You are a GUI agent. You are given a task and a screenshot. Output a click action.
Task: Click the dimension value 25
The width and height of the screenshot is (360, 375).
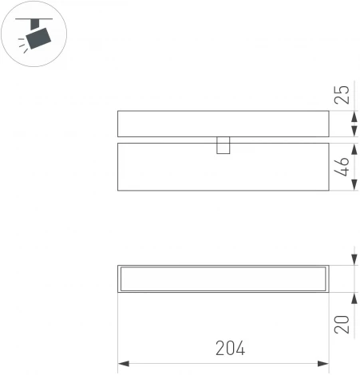click(x=342, y=95)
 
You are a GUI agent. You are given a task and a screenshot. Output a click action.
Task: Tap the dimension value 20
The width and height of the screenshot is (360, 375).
click(x=342, y=325)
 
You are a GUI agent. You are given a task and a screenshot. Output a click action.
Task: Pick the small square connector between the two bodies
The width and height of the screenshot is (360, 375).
click(x=224, y=144)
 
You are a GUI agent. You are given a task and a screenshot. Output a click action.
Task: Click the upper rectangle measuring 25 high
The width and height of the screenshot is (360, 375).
click(x=223, y=124)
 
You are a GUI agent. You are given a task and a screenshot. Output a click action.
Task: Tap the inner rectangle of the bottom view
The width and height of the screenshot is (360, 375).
click(x=223, y=278)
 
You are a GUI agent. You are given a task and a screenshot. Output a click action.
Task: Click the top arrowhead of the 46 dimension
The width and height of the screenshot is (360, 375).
click(x=354, y=148)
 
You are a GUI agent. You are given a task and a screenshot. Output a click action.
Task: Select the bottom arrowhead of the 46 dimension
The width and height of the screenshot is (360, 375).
click(x=354, y=186)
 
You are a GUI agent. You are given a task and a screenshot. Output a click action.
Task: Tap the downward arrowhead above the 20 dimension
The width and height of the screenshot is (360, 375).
click(x=354, y=260)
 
